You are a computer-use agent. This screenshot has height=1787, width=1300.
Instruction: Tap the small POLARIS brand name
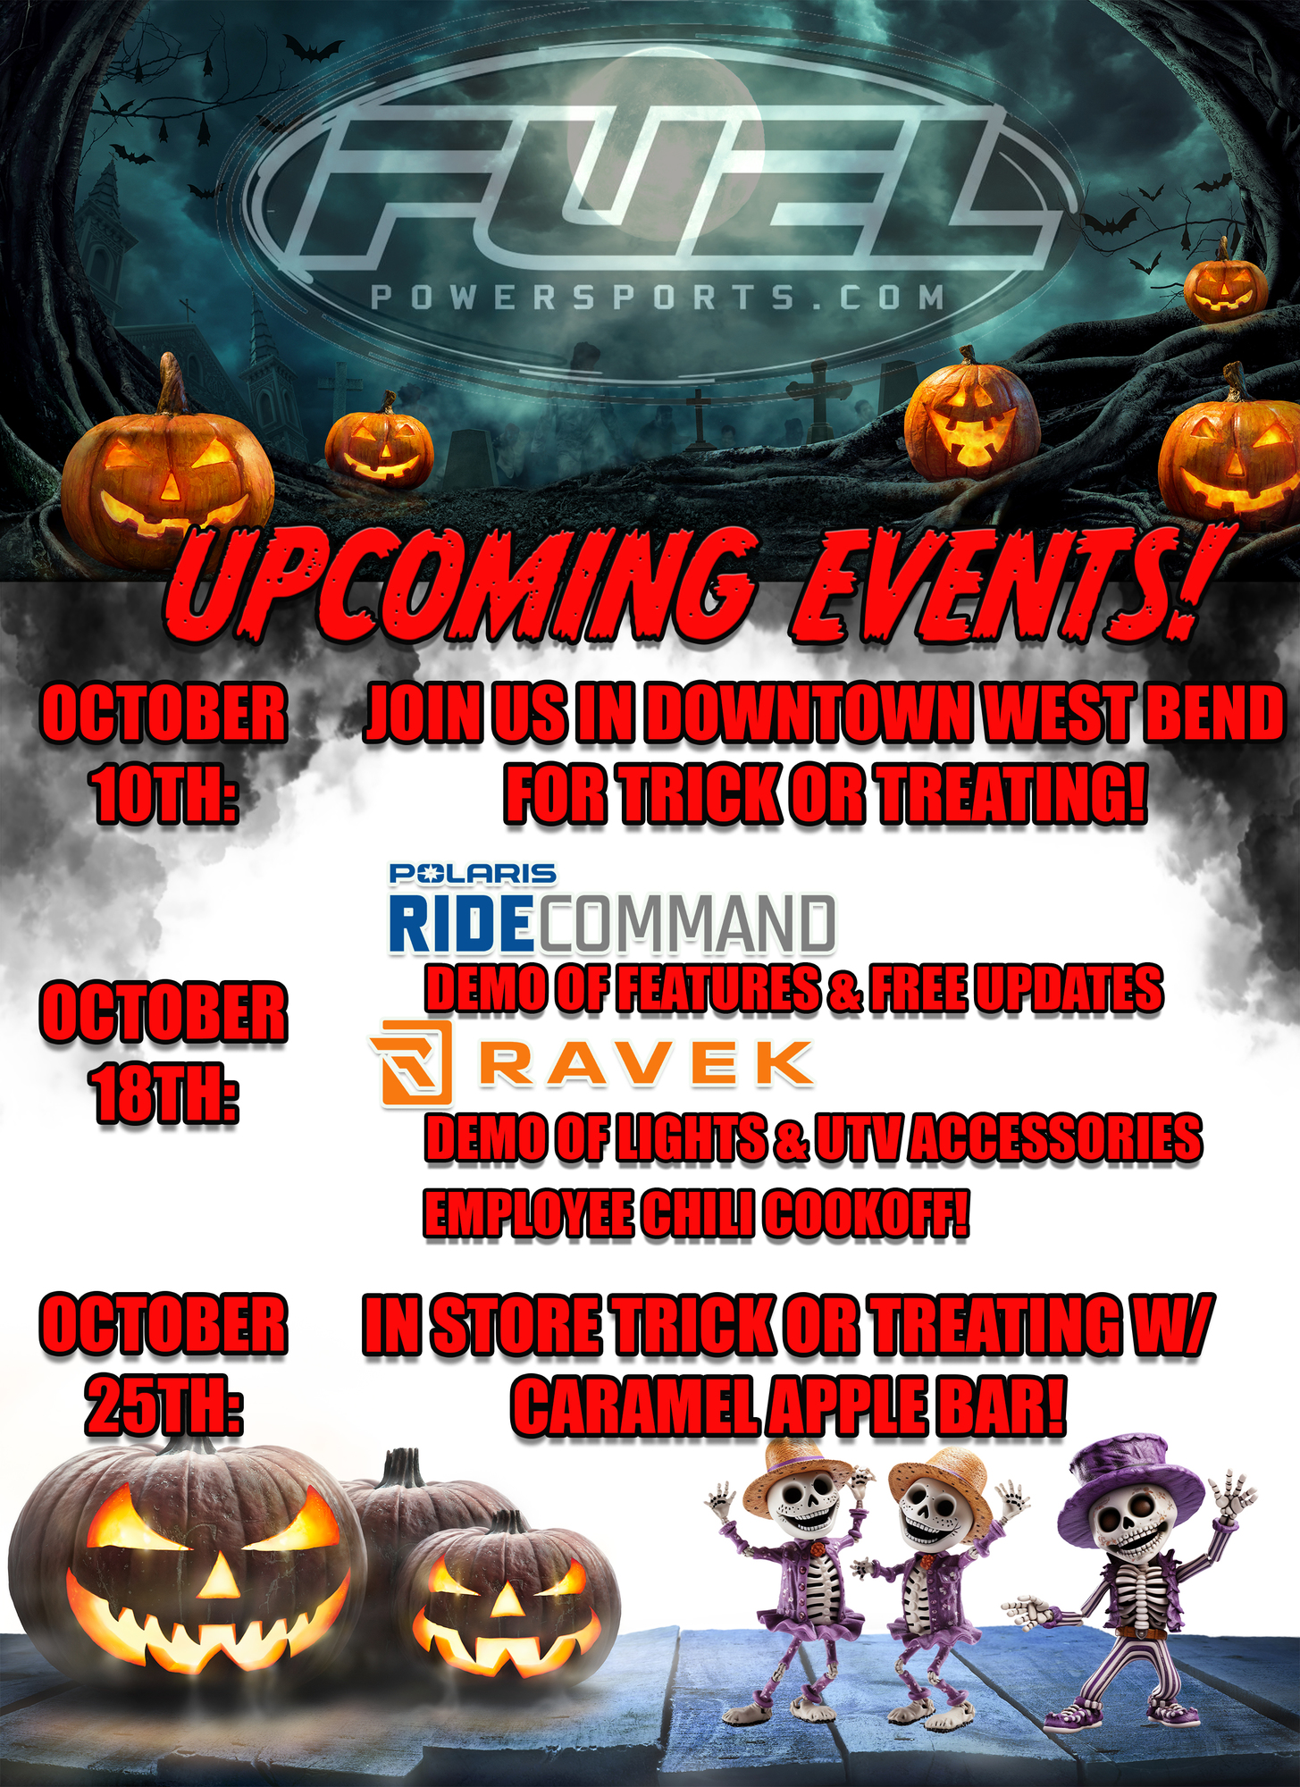pyautogui.click(x=473, y=873)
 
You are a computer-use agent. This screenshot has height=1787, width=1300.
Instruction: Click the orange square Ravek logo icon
pyautogui.click(x=412, y=1062)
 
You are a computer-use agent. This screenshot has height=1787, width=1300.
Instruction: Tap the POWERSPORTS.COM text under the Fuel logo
pyautogui.click(x=658, y=298)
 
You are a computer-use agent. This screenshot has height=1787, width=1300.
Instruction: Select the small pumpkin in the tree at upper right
pyautogui.click(x=1225, y=283)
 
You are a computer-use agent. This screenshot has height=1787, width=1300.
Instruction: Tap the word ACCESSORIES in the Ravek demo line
pyautogui.click(x=1055, y=1138)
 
